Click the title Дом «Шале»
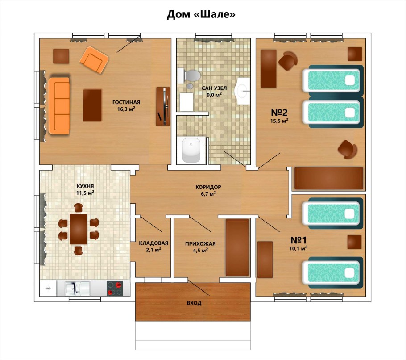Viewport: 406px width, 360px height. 201,14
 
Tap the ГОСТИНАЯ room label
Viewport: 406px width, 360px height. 126,102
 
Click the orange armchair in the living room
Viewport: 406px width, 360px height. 94,59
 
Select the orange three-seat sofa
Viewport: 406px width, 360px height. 59,106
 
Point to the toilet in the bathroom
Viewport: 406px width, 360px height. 189,75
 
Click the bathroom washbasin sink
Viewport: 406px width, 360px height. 243,91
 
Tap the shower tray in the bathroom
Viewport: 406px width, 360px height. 191,150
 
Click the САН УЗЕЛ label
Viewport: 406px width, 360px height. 215,88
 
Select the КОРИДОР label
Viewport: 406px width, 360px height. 208,187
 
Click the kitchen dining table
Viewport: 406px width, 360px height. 79,229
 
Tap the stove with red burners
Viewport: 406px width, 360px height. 115,288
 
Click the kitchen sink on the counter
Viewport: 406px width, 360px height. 74,288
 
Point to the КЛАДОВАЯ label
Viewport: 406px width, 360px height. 153,243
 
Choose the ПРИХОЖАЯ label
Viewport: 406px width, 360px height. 200,243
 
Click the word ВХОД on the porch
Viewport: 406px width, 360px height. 194,303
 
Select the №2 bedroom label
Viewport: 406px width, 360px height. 279,113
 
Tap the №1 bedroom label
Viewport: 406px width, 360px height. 298,240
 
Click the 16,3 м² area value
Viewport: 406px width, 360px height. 126,109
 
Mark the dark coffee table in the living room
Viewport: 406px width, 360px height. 92,105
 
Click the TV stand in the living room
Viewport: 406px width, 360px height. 163,106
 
